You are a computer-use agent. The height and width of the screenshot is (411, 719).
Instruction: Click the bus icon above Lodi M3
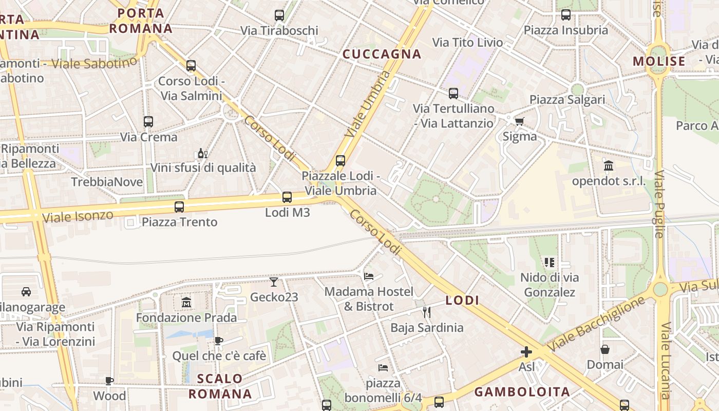coord(287,197)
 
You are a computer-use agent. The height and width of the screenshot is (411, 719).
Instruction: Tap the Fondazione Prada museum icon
coord(186,302)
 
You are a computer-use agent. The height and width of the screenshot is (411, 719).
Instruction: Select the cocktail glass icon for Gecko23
coord(274,282)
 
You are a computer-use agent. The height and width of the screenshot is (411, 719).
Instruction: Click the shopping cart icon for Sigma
coord(519,121)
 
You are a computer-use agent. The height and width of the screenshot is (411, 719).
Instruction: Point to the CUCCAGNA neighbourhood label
coord(382,54)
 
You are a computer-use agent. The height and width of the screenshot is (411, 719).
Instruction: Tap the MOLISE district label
coord(659,62)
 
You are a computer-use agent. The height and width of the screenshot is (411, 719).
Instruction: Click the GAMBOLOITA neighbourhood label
coord(522,392)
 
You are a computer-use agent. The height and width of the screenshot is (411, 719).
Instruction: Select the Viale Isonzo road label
coord(78,216)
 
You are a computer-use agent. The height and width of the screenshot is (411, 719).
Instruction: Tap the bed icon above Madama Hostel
coord(369,276)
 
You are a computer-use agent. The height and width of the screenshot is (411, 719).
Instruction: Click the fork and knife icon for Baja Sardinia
coord(426,312)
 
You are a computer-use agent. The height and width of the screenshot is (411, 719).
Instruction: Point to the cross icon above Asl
coord(526,352)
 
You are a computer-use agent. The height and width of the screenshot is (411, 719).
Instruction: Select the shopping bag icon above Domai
coord(605,349)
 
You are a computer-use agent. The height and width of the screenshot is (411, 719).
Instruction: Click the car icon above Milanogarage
coord(26,292)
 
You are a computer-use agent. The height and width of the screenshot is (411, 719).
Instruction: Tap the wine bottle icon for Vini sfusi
coord(202,153)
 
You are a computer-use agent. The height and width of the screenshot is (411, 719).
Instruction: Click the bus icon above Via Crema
coord(148,122)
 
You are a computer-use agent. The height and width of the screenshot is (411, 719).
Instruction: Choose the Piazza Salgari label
coord(567,99)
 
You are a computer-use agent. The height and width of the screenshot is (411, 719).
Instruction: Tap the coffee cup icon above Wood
coord(109,381)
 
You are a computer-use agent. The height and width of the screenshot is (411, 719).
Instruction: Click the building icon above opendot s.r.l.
coord(609,165)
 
